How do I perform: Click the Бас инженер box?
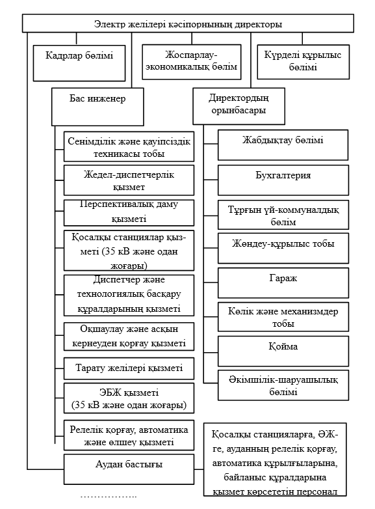(x=97, y=105)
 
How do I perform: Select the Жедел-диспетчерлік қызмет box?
(x=129, y=180)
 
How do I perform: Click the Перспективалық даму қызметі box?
(x=129, y=212)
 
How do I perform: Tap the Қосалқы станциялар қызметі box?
(x=129, y=250)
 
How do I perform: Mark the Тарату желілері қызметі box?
(x=129, y=368)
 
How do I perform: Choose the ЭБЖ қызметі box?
(x=129, y=399)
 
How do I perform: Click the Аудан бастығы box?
(x=129, y=465)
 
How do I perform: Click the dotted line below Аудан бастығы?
(x=109, y=497)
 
